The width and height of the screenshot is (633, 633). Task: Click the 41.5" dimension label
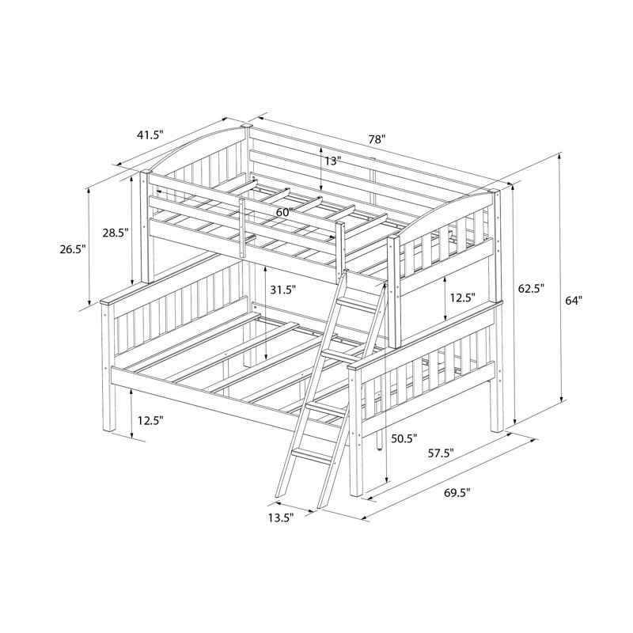[x=150, y=135]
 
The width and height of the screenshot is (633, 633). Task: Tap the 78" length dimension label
[x=377, y=140]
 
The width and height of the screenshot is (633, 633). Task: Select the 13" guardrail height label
[x=332, y=161]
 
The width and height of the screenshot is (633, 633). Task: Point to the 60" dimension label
[x=284, y=212]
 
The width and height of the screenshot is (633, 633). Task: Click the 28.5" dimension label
[x=115, y=233]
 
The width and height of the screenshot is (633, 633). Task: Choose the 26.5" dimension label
[x=73, y=249]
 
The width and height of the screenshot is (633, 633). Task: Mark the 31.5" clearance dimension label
[x=283, y=290]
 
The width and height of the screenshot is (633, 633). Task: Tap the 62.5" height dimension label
[x=531, y=288]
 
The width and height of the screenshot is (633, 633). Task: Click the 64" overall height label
[x=573, y=301]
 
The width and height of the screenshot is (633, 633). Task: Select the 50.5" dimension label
[x=404, y=438]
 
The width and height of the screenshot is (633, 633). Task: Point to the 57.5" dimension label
[x=442, y=453]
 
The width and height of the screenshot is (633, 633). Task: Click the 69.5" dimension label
[x=457, y=492]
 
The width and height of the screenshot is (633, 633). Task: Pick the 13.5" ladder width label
[x=281, y=517]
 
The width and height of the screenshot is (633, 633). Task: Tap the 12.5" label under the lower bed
[x=150, y=421]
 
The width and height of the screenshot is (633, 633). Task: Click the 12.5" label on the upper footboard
[x=463, y=298]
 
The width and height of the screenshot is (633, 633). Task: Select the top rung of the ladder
[x=359, y=304]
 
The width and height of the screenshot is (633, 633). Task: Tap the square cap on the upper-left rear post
[x=245, y=127]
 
